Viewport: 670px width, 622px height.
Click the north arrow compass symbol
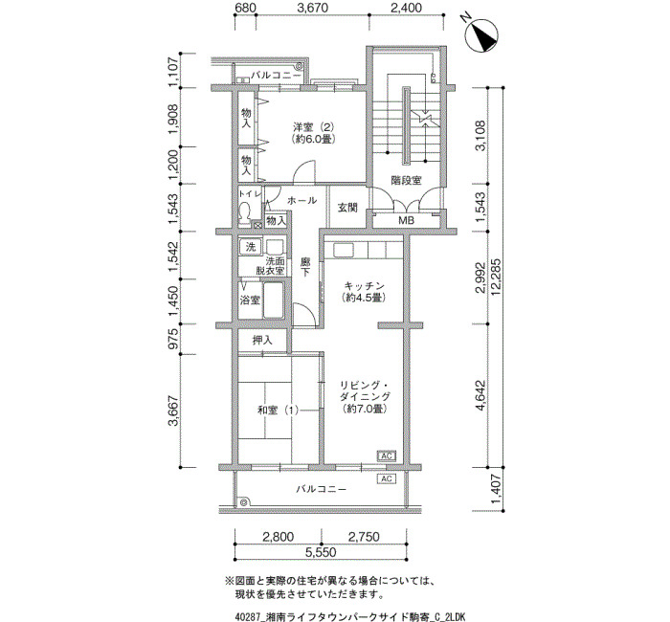[x=480, y=36]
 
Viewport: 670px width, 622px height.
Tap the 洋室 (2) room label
[x=314, y=127]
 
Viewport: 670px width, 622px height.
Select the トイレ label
[x=250, y=193]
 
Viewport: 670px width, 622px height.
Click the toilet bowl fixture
[x=245, y=211]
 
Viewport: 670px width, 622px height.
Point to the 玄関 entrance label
[x=347, y=208]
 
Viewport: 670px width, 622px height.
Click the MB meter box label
[x=406, y=221]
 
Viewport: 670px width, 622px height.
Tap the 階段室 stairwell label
[x=406, y=180]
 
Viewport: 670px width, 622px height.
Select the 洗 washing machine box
[x=251, y=247]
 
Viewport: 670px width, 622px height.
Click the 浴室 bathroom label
[x=250, y=300]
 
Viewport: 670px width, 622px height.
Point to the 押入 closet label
[x=262, y=340]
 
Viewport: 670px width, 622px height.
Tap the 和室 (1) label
[x=278, y=411]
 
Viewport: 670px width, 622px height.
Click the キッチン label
[x=364, y=285]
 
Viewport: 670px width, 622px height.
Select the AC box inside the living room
[x=387, y=455]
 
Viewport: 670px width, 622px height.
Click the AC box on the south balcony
[x=387, y=478]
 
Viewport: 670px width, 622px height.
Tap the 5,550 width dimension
[x=321, y=552]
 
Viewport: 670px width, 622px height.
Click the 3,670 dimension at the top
[x=312, y=8]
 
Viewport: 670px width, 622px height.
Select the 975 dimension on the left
[x=173, y=339]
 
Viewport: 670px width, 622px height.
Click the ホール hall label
[x=301, y=200]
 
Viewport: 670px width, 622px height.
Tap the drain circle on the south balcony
[x=244, y=502]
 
